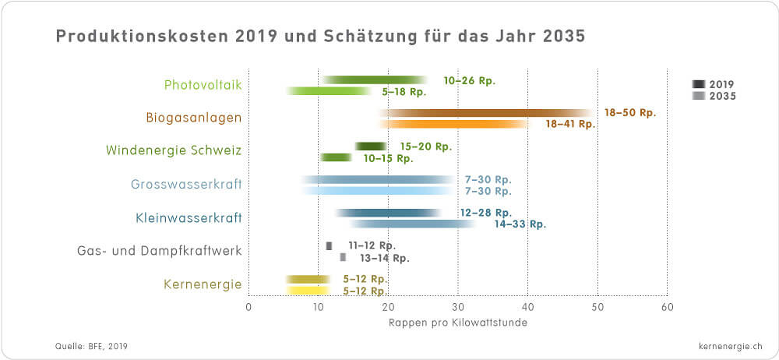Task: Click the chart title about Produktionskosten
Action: [319, 37]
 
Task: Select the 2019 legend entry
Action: [714, 84]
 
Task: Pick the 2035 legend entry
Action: [714, 96]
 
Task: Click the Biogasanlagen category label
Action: [193, 118]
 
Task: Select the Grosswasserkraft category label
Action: [185, 185]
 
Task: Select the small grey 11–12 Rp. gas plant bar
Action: [329, 245]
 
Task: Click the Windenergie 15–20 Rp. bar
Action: [371, 146]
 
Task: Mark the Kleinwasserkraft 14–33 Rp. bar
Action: [413, 224]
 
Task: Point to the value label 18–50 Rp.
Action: [630, 112]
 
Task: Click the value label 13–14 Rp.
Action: [384, 258]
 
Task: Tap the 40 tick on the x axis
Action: [527, 307]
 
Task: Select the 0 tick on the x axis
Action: [249, 307]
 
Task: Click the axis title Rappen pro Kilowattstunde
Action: [457, 323]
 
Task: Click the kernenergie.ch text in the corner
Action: [721, 344]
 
